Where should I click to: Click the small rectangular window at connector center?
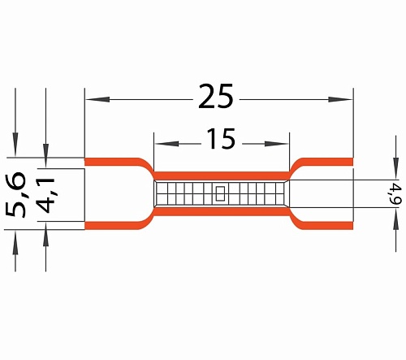click(x=220, y=194)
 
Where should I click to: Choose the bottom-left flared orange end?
click(x=114, y=225)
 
